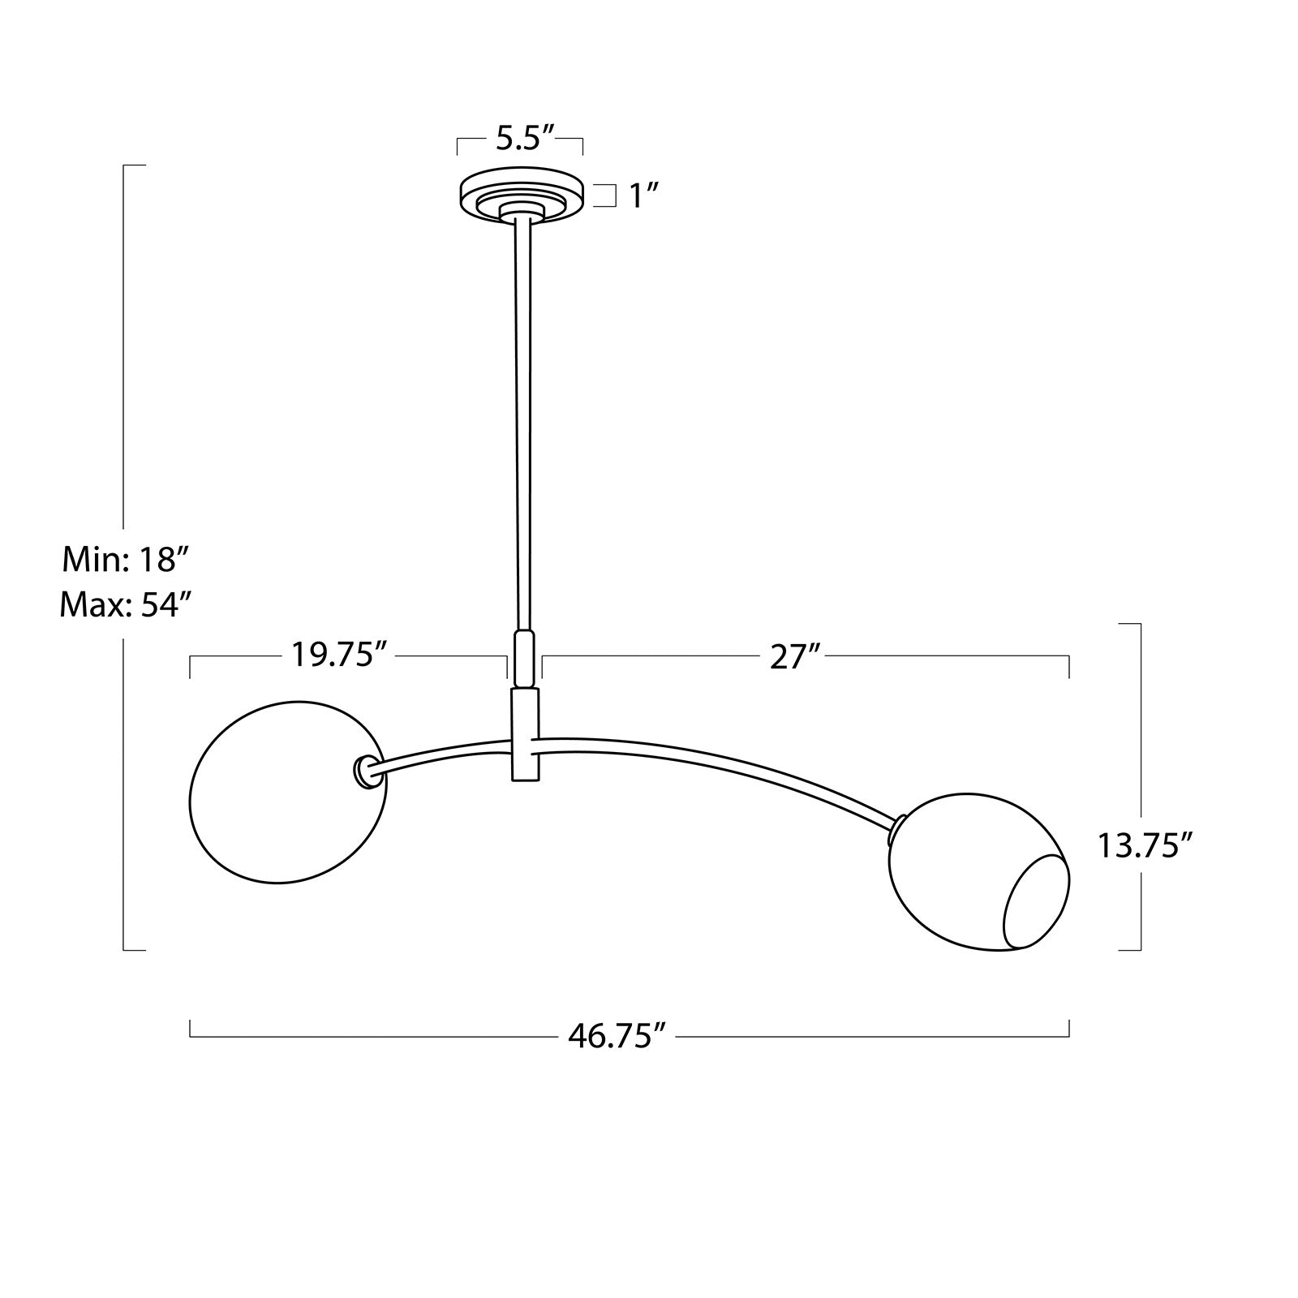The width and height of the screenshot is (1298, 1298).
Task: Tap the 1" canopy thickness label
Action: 643,196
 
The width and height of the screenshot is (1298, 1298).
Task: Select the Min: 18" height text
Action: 126,559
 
